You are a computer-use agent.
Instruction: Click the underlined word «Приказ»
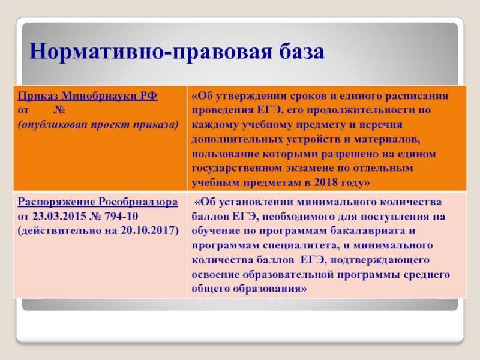tap(38, 96)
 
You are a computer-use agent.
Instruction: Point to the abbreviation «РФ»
tap(149, 96)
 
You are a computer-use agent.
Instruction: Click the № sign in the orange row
tap(59, 110)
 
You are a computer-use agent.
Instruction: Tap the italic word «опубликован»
tap(54, 125)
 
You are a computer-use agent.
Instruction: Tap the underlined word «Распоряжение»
tap(56, 202)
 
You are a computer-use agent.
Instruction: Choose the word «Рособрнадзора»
tap(138, 202)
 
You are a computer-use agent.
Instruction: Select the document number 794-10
tap(121, 217)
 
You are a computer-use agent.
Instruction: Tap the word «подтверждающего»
tap(380, 260)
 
